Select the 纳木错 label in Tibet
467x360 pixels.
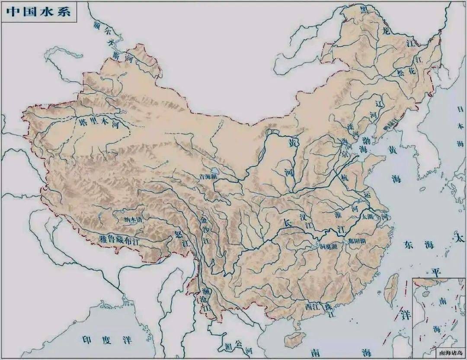133,219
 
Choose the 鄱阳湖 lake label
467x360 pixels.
357,241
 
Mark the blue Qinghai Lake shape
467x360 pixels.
215,171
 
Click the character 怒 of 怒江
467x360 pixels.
178,234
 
